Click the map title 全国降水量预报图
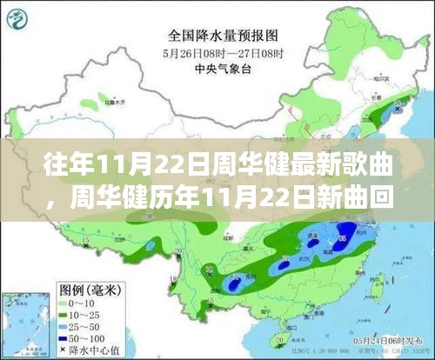[x=212, y=36]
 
